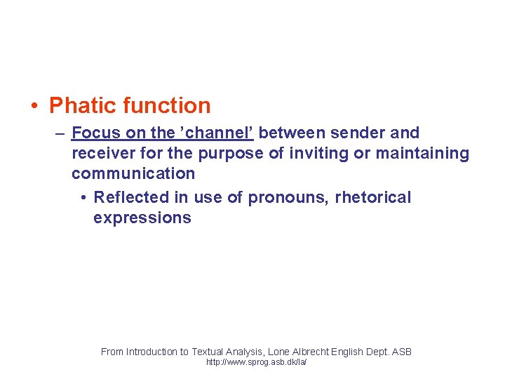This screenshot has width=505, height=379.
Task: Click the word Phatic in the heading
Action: tap(83, 106)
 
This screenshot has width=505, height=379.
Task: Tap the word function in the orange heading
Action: tap(166, 106)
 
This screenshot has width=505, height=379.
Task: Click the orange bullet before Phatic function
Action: tap(34, 107)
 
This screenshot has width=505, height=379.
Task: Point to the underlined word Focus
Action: tap(96, 133)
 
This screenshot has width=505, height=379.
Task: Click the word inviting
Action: tap(317, 153)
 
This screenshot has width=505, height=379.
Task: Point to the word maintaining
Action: tap(422, 153)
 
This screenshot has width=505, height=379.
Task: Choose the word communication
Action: tap(133, 173)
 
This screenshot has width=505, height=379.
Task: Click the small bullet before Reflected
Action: tap(83, 198)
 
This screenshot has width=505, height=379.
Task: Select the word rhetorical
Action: tap(373, 197)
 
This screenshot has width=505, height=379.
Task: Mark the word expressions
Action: tap(142, 218)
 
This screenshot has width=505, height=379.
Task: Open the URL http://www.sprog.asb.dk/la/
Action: tap(256, 362)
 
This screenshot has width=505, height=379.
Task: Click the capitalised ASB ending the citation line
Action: tap(401, 352)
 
